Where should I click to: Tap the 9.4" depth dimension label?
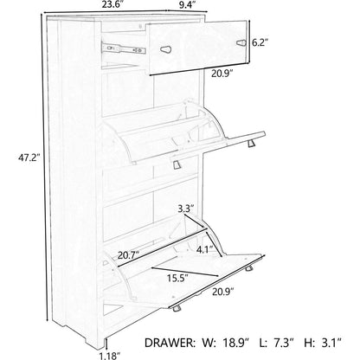coord(188,5)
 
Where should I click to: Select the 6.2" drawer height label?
coord(260,42)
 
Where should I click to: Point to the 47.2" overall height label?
coord(29,157)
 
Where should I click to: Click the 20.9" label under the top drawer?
coord(222,74)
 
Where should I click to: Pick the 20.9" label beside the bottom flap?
coord(223,292)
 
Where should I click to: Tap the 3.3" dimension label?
coord(186,209)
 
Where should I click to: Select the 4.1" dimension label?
coord(205,249)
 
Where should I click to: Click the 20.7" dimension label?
coord(128,255)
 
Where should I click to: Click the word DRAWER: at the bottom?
coord(169,343)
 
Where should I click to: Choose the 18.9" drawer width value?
coord(236,343)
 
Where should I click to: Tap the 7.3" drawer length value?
coord(284,343)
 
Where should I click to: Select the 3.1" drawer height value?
coord(331,343)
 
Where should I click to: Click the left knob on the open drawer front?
coord(166,49)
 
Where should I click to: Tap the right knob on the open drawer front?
coord(241,43)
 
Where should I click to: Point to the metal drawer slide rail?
coord(123,48)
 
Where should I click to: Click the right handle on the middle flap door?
coord(251,143)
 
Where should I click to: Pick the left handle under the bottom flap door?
coord(176,308)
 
